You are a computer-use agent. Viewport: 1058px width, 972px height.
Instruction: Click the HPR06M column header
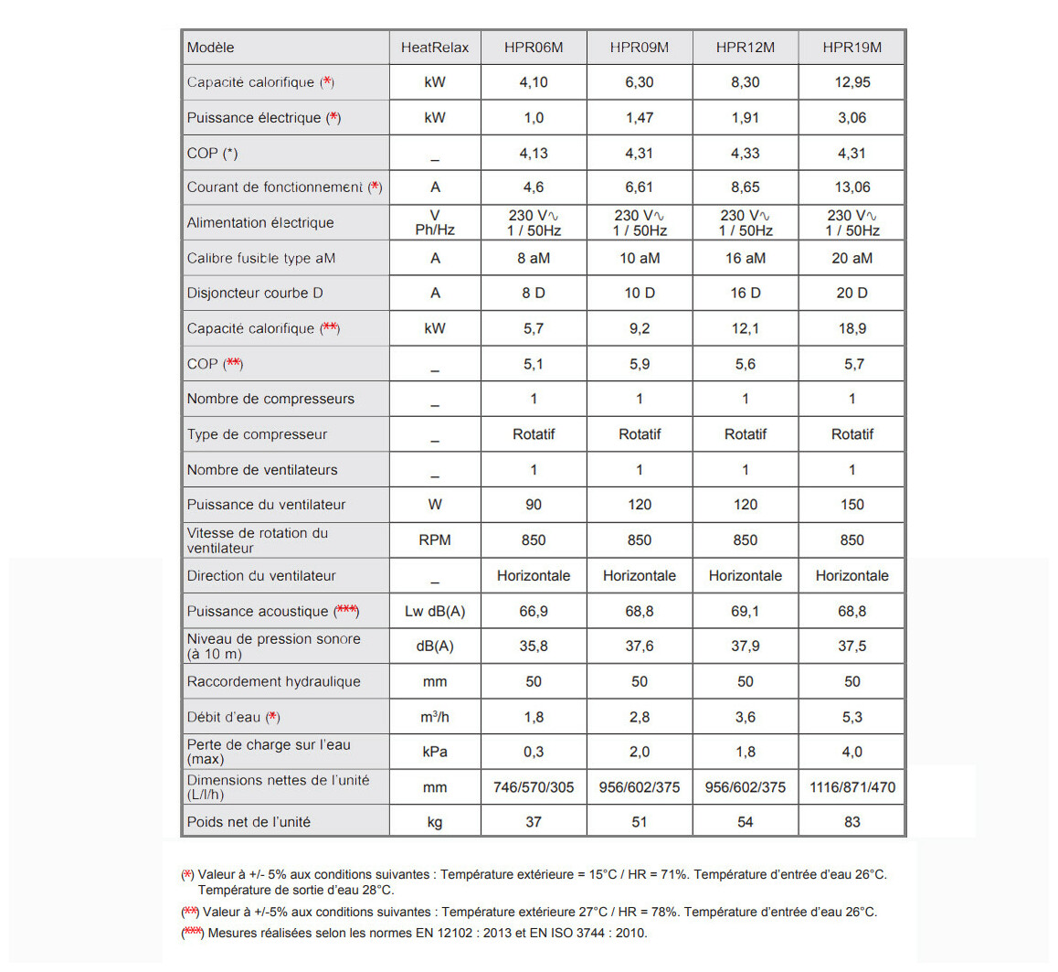pos(534,48)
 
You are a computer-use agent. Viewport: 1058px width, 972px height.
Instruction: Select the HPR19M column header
pos(852,48)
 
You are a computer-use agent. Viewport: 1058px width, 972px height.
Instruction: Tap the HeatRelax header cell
pos(435,48)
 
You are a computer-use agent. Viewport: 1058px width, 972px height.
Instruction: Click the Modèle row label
pos(211,48)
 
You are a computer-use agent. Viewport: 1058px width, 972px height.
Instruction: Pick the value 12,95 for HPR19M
pos(852,82)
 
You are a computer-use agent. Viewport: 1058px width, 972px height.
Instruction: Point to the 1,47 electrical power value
pos(640,118)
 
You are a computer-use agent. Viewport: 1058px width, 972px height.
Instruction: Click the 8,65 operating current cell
pos(746,187)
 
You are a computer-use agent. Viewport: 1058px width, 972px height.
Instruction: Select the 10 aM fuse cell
pos(640,259)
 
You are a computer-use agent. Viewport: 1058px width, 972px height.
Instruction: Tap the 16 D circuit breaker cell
pos(746,294)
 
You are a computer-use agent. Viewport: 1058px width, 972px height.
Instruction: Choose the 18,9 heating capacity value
pos(852,328)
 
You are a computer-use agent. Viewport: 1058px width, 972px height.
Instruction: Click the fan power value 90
pos(534,505)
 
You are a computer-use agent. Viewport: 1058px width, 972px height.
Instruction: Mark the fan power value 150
pos(852,505)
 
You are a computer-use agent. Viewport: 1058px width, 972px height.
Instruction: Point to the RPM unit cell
pos(435,540)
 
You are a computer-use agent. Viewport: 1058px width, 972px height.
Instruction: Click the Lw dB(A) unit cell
pos(435,612)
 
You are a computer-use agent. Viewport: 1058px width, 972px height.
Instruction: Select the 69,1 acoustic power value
pos(746,612)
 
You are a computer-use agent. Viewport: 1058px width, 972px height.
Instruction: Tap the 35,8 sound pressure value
pos(534,646)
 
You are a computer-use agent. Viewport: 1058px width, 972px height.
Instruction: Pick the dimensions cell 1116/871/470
pos(852,787)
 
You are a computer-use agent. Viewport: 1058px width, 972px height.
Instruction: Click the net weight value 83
pos(852,822)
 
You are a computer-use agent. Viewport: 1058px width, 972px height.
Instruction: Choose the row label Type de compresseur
pos(257,434)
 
